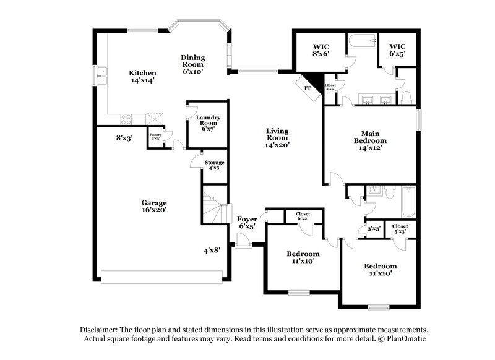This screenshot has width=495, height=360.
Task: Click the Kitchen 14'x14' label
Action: (x=142, y=77)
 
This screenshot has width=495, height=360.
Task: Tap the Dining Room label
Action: (x=192, y=64)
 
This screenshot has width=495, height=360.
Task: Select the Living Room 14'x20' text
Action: (x=278, y=137)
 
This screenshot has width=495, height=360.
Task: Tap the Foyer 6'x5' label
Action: (x=246, y=222)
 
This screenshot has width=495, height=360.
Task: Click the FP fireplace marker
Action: (x=308, y=88)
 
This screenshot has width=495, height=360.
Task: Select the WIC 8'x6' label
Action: (x=320, y=50)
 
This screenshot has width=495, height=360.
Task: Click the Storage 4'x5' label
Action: (x=215, y=165)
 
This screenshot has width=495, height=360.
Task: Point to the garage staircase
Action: (x=214, y=207)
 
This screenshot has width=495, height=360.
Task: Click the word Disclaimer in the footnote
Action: (x=100, y=330)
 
